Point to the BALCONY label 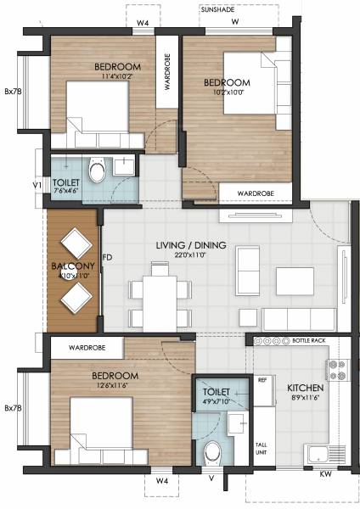(72, 266)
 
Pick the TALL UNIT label (262, 450)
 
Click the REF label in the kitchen (262, 380)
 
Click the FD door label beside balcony (107, 255)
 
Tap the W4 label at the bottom (161, 480)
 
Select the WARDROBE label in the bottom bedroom (86, 347)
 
